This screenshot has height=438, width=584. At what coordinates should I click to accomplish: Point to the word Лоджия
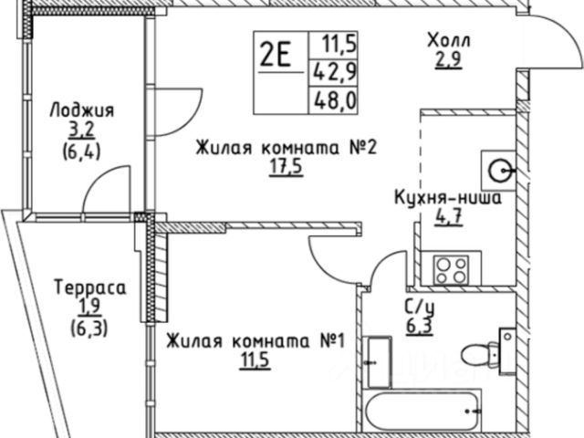click(x=82, y=111)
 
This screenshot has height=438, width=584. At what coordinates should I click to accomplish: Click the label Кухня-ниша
click(x=446, y=198)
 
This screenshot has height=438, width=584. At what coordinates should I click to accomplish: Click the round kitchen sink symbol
click(x=500, y=169)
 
